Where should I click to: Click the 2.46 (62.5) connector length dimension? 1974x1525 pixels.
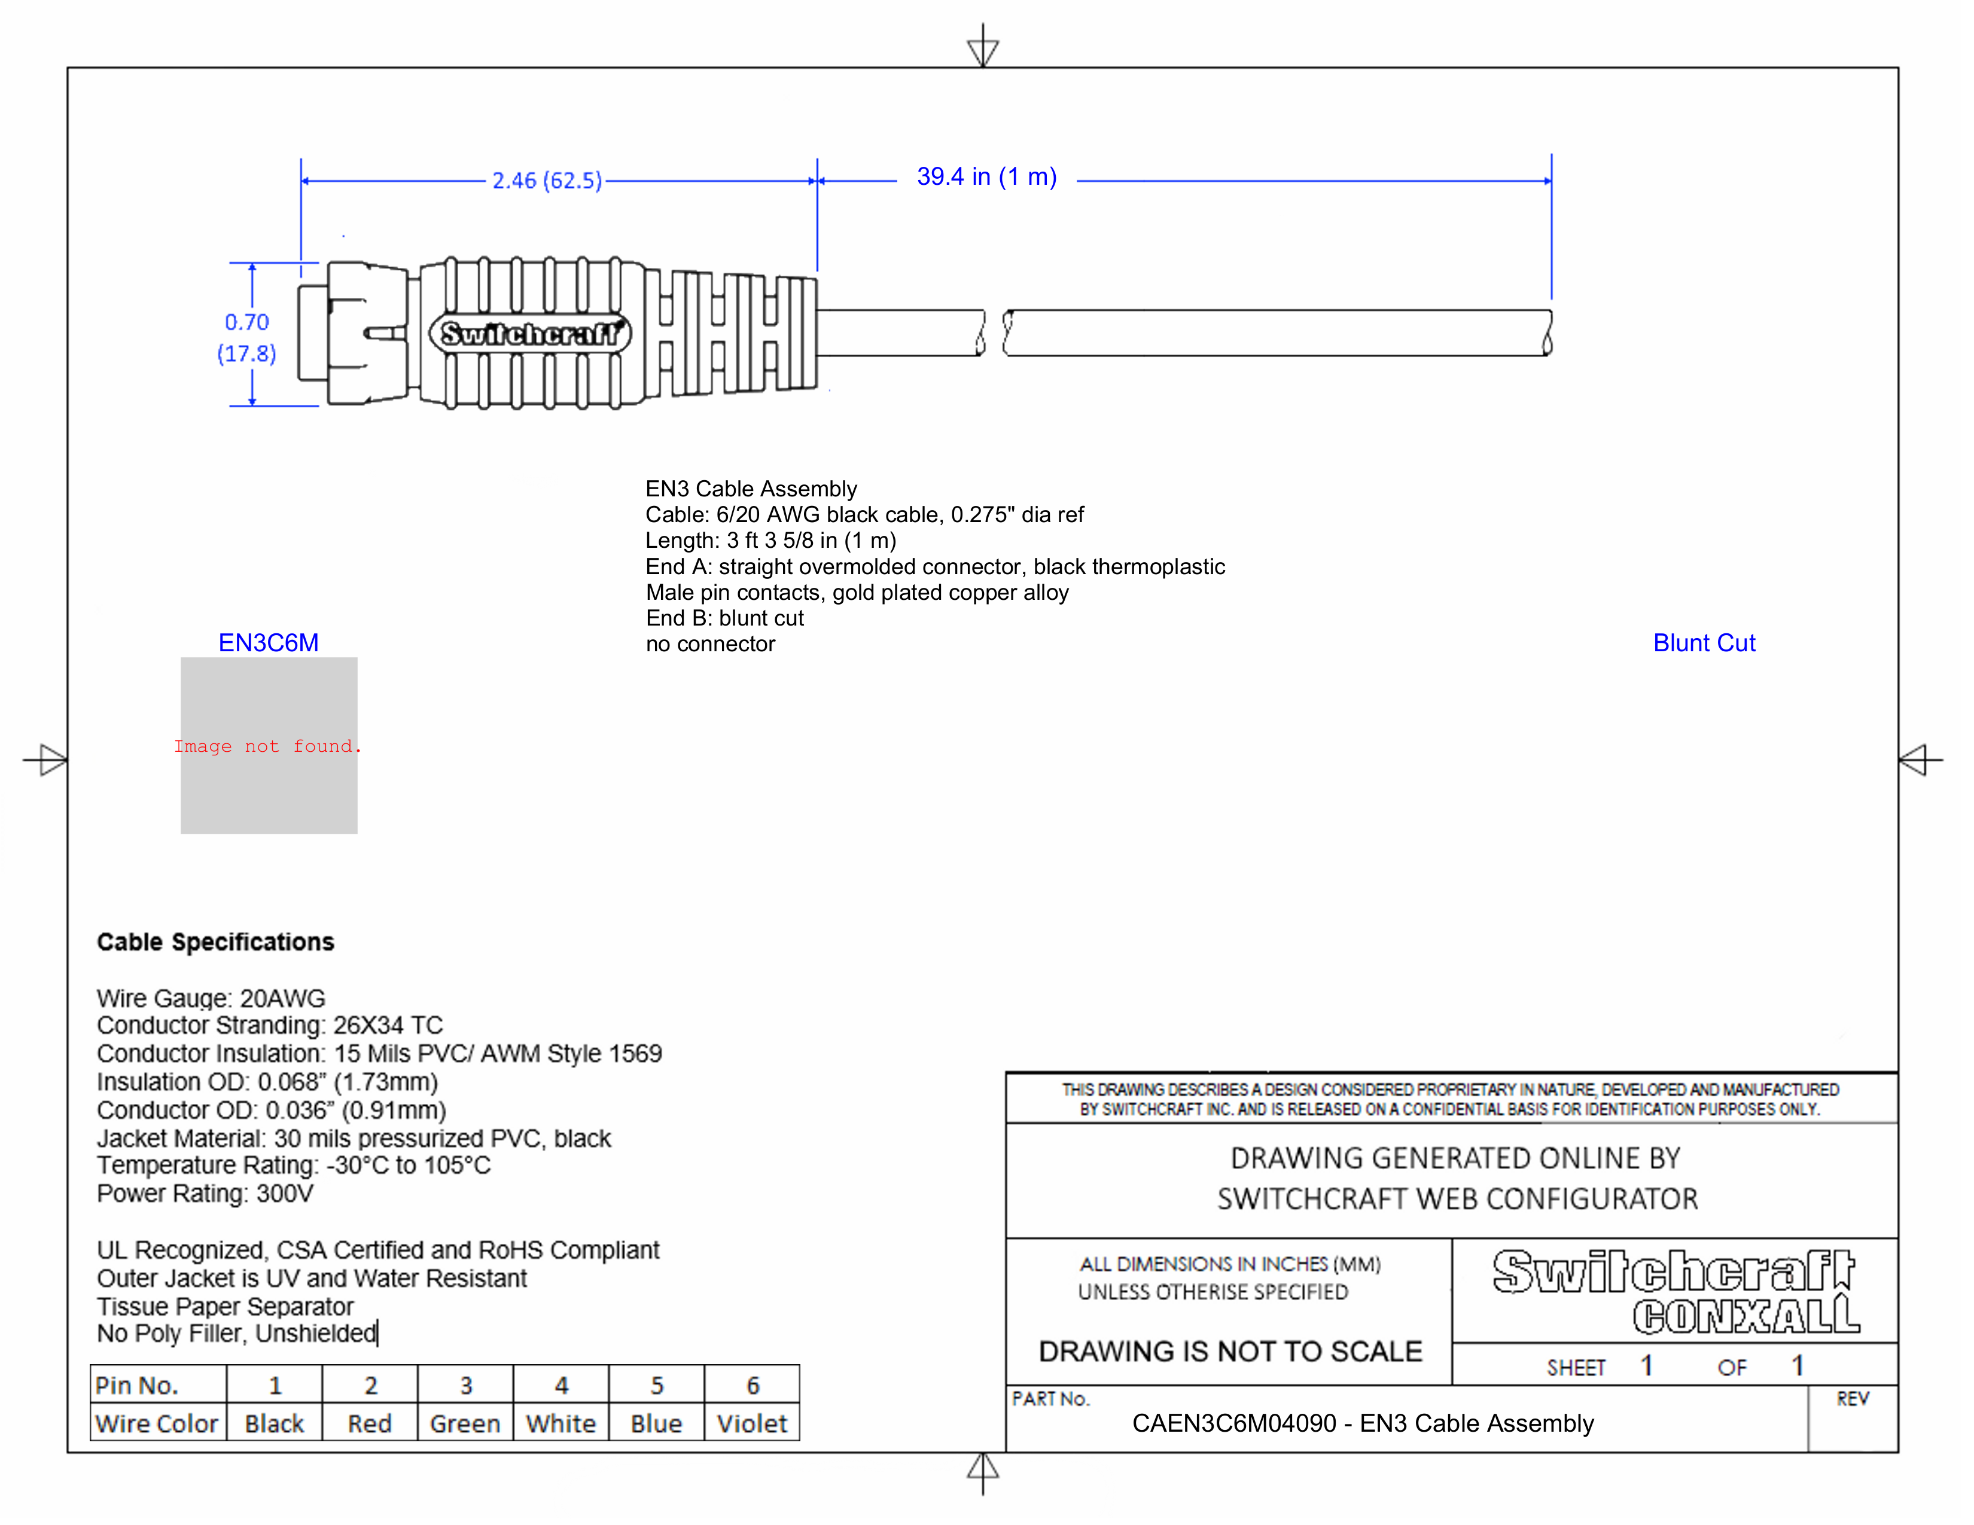546,181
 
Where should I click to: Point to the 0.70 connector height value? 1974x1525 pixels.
246,322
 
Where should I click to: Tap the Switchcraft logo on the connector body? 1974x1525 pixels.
529,333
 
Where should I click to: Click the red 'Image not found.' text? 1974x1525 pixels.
267,746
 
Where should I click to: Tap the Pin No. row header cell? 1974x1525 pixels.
138,1385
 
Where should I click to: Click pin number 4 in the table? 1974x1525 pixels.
561,1385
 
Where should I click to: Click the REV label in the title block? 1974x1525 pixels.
1852,1399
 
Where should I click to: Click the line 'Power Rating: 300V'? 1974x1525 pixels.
205,1194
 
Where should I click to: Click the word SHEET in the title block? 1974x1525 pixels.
1576,1368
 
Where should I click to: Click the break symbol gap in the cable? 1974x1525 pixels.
994,333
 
